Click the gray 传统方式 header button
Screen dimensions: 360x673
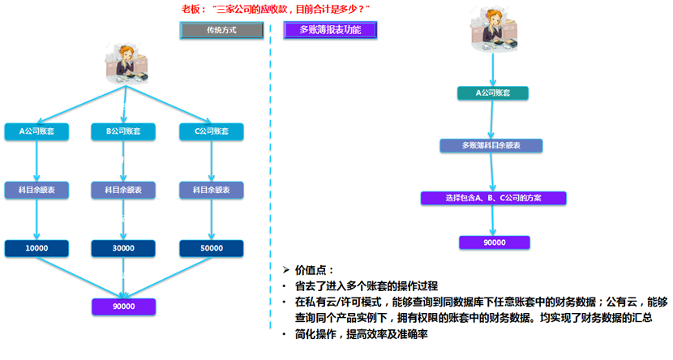[221, 30]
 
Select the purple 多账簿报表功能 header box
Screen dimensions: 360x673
[331, 30]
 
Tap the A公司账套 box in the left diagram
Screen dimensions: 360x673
[36, 131]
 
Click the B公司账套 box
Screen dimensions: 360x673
[123, 131]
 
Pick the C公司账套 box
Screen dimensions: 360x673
[211, 131]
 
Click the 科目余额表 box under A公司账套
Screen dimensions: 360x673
[36, 190]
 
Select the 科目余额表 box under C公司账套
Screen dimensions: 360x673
[211, 190]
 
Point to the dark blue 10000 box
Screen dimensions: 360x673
[36, 248]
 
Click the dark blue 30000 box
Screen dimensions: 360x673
[123, 248]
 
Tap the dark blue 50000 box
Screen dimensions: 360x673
[211, 248]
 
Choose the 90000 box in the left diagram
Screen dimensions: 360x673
[123, 306]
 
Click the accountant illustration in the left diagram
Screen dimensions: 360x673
[124, 62]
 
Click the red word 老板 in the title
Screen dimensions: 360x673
[191, 8]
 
